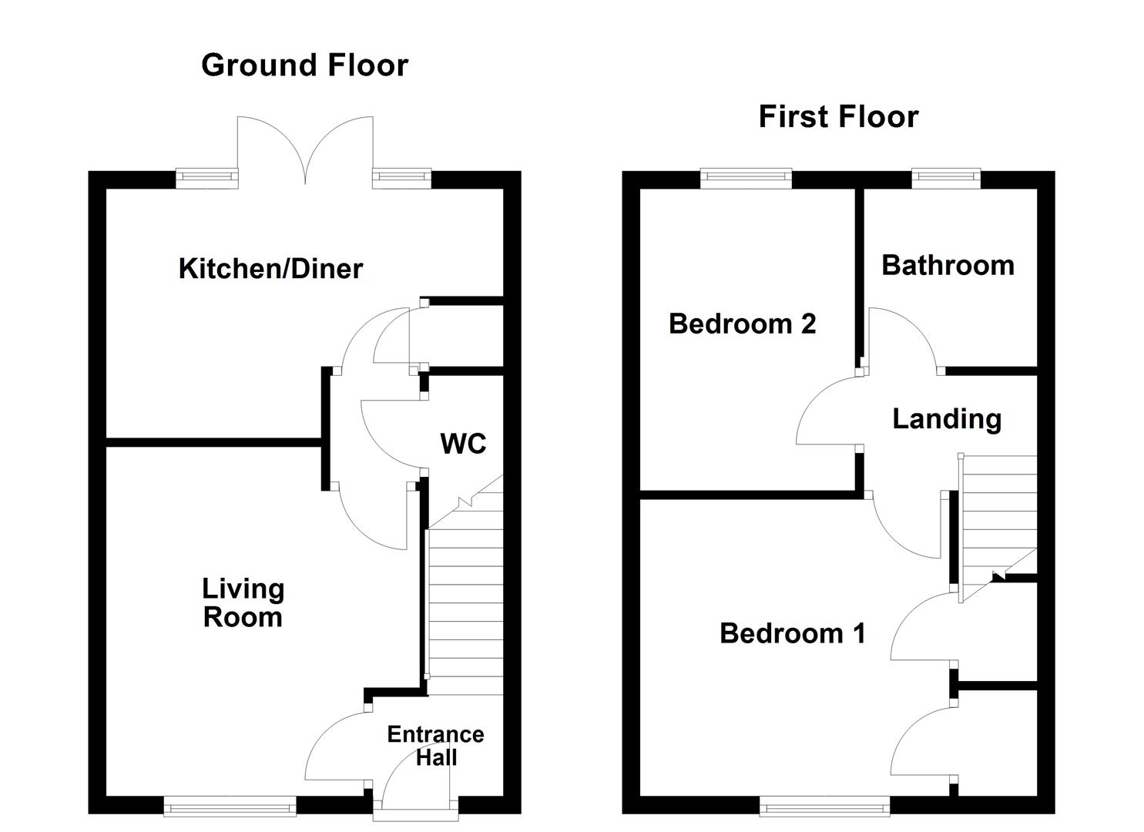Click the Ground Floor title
pyautogui.click(x=304, y=65)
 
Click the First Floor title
pyautogui.click(x=838, y=117)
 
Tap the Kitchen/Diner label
pyautogui.click(x=270, y=269)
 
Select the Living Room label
pyautogui.click(x=243, y=603)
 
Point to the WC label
pyautogui.click(x=463, y=444)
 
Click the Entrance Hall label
pyautogui.click(x=435, y=746)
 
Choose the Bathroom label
pyautogui.click(x=948, y=265)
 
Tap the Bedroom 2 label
pyautogui.click(x=742, y=324)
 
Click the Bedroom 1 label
pyautogui.click(x=792, y=633)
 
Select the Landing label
pyautogui.click(x=947, y=419)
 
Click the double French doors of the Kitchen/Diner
pyautogui.click(x=306, y=150)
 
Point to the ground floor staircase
pyautogui.click(x=465, y=609)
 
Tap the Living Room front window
pyautogui.click(x=230, y=807)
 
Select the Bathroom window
pyautogui.click(x=946, y=179)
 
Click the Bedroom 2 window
pyautogui.click(x=746, y=179)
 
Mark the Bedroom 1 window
pyautogui.click(x=824, y=807)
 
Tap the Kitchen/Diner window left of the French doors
pyautogui.click(x=206, y=179)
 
